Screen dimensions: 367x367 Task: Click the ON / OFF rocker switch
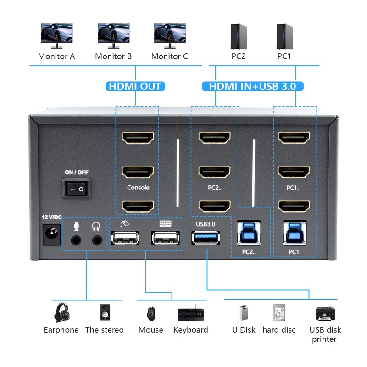coord(77,188)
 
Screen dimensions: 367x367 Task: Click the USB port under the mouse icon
coord(125,239)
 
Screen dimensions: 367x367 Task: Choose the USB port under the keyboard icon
coord(166,239)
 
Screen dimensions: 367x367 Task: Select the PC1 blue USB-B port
coord(295,233)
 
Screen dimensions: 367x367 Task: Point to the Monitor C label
coord(169,56)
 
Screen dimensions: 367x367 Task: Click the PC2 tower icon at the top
coord(239,36)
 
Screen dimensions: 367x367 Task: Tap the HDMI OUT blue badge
coord(135,86)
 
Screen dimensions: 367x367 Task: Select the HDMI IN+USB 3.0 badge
coord(252,86)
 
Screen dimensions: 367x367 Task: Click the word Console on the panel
coord(138,188)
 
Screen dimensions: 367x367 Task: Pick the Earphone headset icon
coord(61,312)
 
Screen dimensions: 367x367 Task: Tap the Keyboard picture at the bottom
coord(190,314)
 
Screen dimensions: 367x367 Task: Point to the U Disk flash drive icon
coord(243,313)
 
